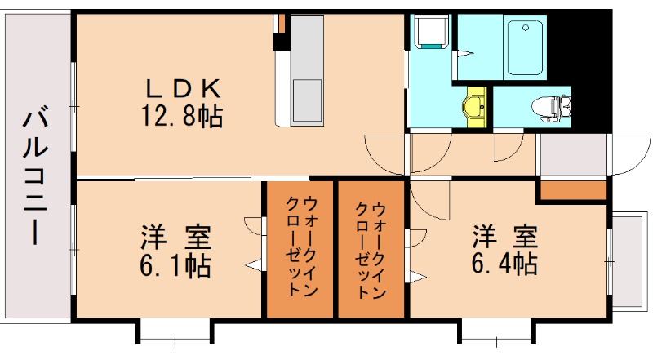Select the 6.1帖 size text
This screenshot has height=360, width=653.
coord(174,265)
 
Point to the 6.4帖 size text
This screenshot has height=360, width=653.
coord(504,264)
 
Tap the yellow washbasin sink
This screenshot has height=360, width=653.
coord(474,104)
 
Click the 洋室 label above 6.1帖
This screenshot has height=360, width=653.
coord(175,238)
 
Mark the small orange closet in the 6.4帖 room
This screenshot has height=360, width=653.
coord(572,190)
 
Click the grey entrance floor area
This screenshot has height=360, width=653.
coord(573,155)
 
